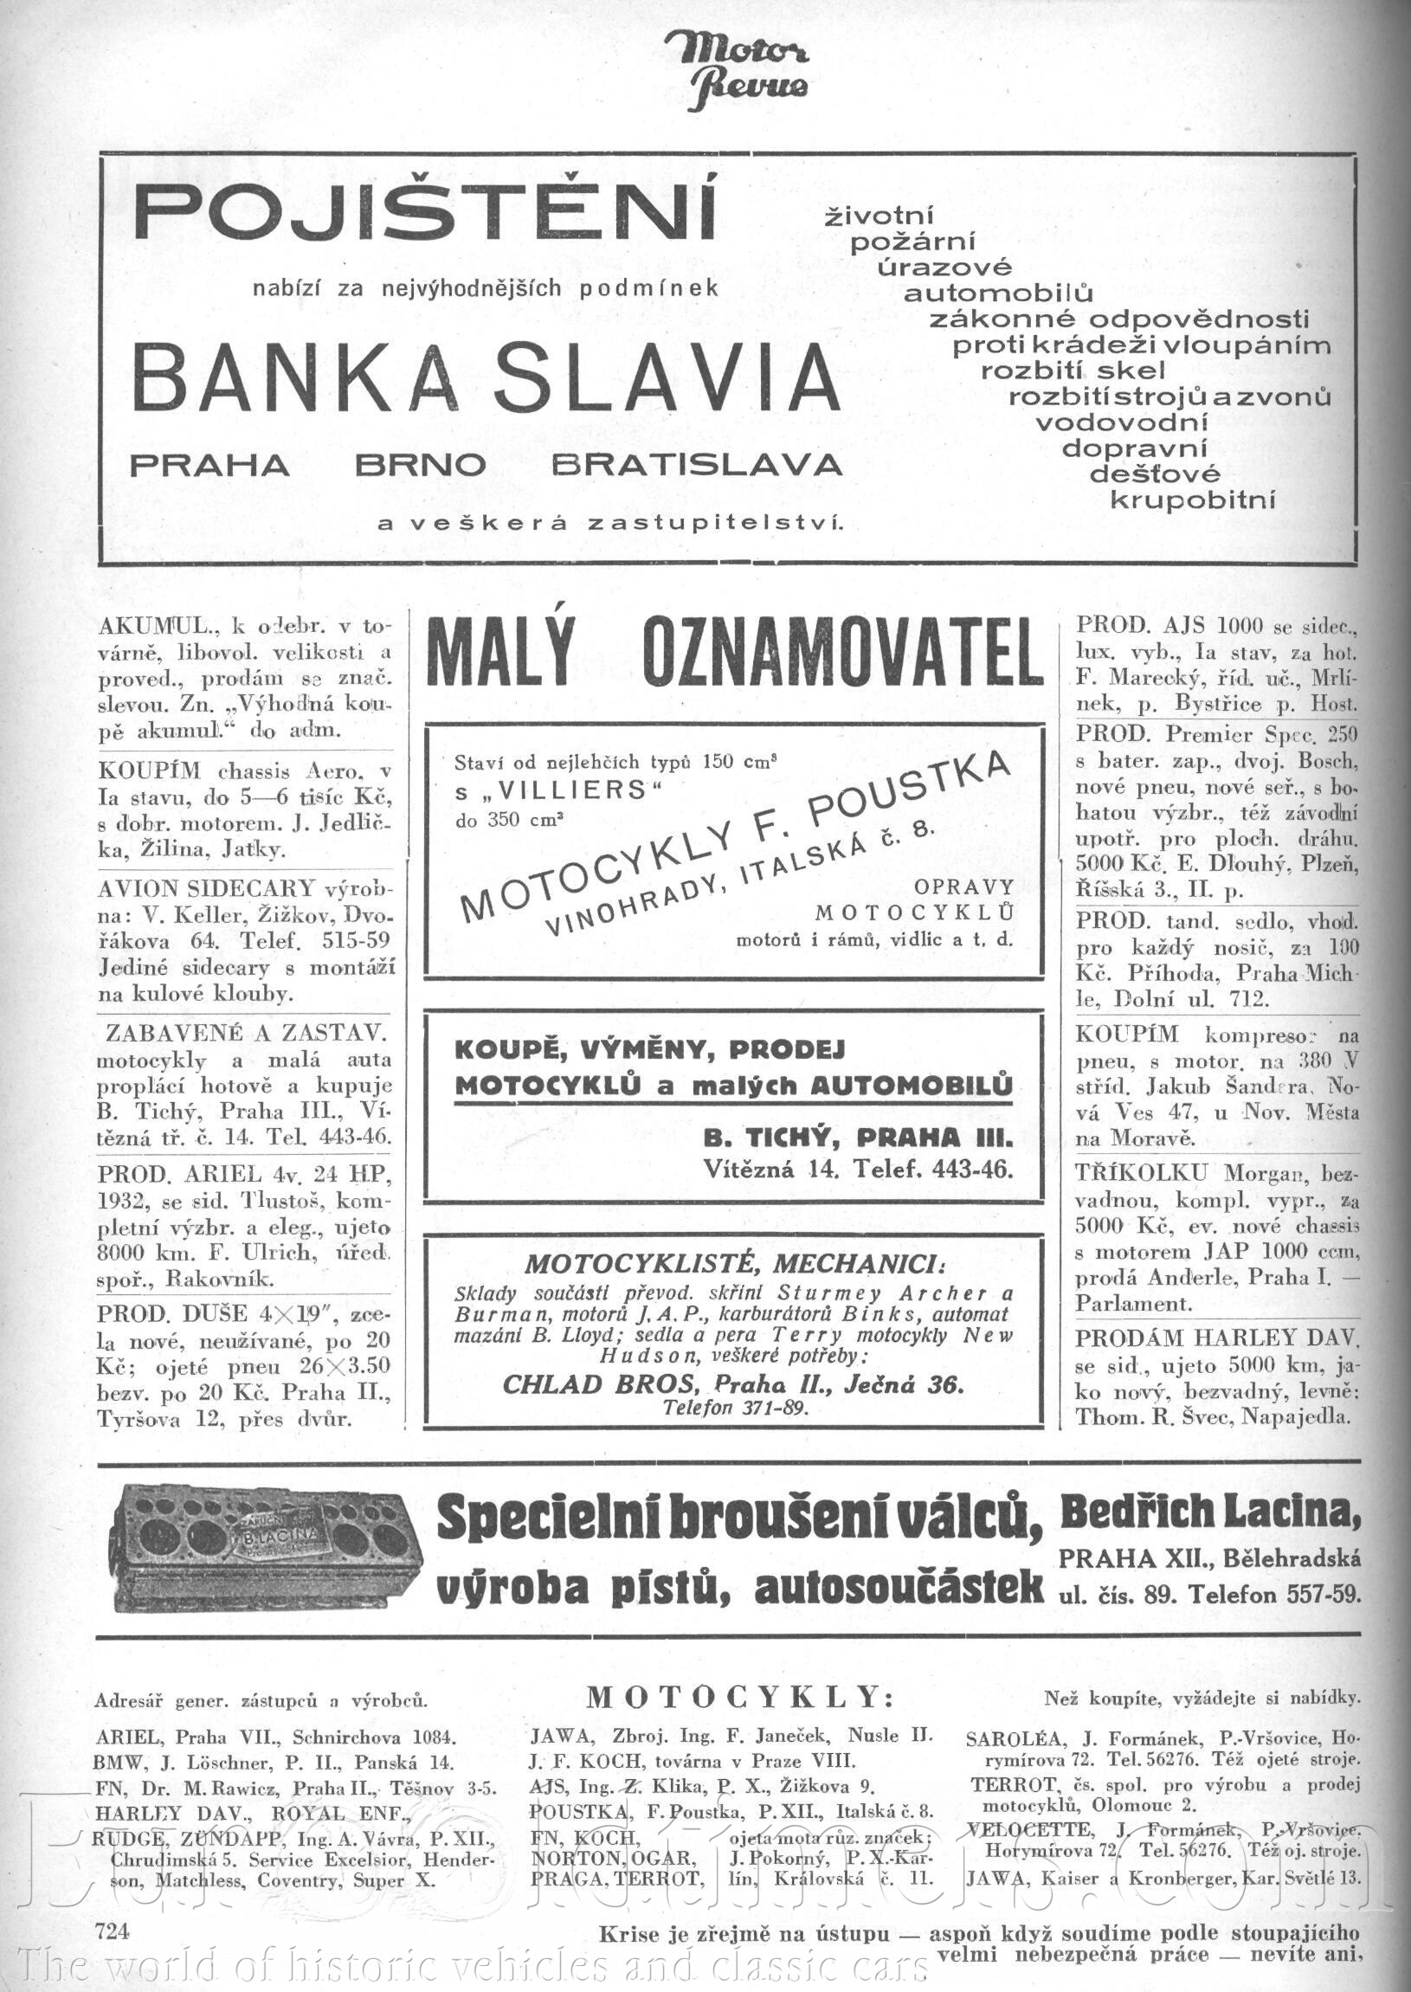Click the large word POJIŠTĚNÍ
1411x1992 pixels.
coord(426,214)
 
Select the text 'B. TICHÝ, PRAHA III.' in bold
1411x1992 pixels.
coord(858,1138)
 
